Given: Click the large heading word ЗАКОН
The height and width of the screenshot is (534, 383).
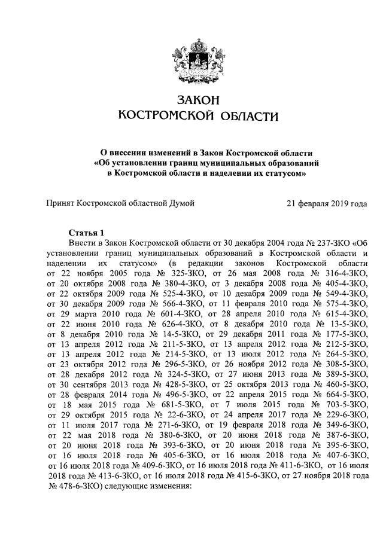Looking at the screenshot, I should pos(191,98).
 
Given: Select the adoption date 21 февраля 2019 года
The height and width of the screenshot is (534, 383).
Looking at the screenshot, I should pos(327,204).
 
